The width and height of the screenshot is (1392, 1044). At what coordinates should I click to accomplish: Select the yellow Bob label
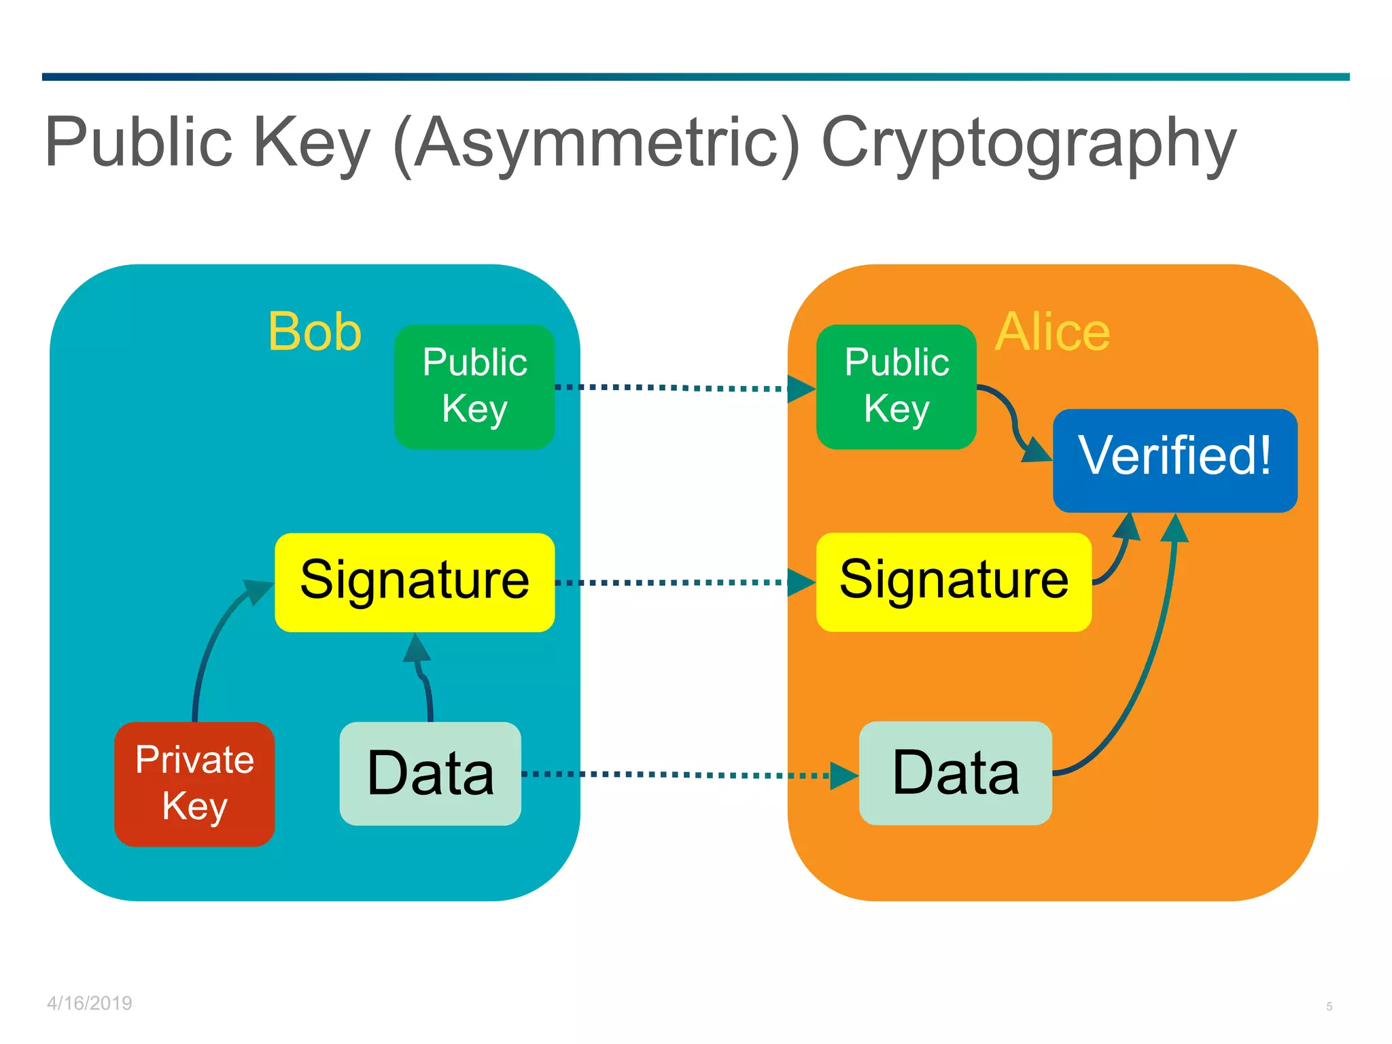315,332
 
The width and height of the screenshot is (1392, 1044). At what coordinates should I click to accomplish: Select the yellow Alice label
1052,332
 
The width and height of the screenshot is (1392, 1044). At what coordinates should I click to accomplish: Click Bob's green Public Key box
474,386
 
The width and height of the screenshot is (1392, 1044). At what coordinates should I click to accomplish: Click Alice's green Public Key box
896,386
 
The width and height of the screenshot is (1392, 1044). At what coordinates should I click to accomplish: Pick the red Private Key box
194,783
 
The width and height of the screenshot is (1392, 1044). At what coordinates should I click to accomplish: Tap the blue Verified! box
1174,459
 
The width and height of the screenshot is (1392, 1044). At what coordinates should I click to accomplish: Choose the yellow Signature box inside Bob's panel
415,582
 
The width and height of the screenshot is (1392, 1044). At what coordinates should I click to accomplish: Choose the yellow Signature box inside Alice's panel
954,582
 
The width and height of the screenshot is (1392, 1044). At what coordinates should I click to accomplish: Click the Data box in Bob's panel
430,773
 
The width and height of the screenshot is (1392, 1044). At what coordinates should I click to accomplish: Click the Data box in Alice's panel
956,773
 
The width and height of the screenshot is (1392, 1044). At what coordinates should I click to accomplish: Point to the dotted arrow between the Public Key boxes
673,387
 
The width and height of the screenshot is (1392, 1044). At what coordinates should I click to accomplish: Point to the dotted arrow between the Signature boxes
673,582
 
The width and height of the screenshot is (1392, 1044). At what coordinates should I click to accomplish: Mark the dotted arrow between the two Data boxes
680,774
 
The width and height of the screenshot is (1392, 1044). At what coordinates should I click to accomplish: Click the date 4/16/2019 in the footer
90,1003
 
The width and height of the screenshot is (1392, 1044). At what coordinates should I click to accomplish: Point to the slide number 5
1329,1007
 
